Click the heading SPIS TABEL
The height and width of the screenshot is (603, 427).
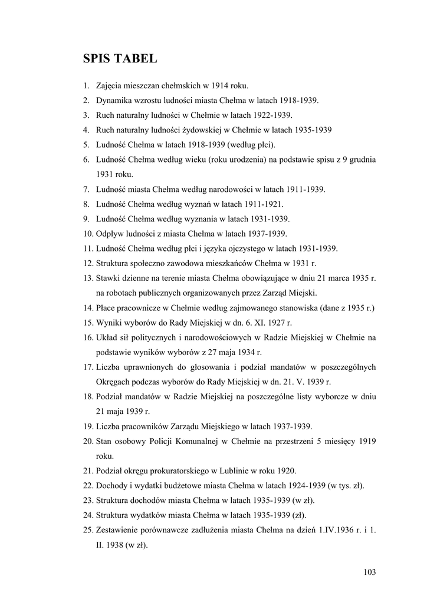(120, 58)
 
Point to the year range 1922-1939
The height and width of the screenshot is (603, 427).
(273, 115)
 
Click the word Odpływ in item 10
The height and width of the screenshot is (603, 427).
(110, 233)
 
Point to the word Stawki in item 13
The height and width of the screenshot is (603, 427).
(108, 277)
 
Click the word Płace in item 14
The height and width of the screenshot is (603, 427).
(106, 307)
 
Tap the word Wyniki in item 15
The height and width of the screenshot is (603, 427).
(109, 322)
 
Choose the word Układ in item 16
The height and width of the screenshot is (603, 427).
(107, 337)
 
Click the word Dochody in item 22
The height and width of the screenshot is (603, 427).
(111, 485)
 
